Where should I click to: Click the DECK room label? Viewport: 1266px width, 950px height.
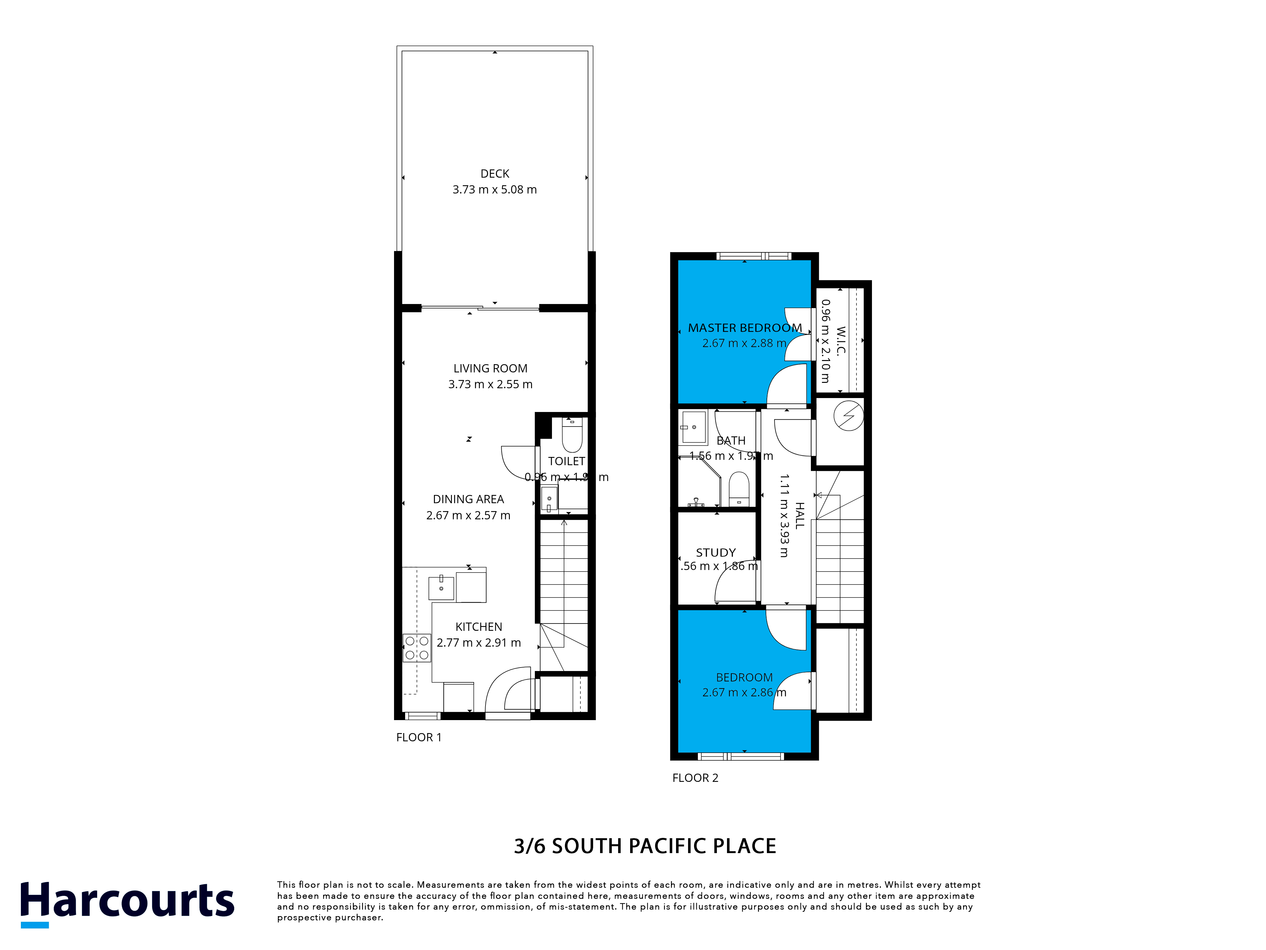point(494,174)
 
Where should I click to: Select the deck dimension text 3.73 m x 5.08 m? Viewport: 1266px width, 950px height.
point(494,190)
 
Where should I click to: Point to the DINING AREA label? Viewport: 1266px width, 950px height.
point(468,499)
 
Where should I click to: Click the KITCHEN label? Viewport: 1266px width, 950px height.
point(479,627)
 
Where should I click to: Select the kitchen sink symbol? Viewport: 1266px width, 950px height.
point(441,588)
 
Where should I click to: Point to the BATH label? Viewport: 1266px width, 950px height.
point(731,441)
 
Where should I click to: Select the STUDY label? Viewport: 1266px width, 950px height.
point(715,553)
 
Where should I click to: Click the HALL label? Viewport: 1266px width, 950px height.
point(799,515)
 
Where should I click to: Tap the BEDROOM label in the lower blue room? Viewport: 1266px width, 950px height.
point(744,677)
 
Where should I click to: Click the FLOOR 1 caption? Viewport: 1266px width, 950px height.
point(418,738)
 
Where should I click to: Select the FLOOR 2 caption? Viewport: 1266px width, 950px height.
point(695,778)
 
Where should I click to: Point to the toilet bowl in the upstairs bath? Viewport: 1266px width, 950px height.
point(739,488)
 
